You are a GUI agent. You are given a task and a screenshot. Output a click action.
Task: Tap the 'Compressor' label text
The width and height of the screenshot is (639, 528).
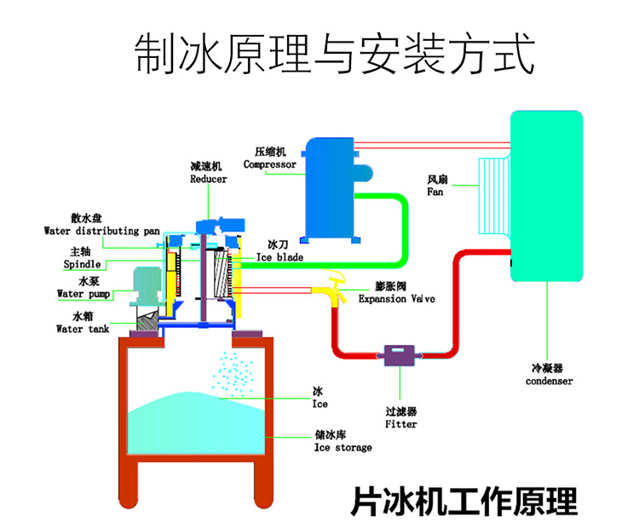tap(269, 164)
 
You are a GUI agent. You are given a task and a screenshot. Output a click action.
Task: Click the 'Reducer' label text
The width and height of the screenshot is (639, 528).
tap(208, 180)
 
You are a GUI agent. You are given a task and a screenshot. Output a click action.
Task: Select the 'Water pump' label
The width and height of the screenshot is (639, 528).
tap(82, 295)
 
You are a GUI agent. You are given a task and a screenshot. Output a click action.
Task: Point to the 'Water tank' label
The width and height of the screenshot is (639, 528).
tap(82, 329)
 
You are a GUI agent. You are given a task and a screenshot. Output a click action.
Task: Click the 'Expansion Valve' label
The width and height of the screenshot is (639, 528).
tap(396, 300)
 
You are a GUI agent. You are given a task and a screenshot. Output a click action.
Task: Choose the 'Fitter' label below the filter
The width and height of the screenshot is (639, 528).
tap(400, 423)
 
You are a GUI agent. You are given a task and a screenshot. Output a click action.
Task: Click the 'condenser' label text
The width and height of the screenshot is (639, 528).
tap(549, 382)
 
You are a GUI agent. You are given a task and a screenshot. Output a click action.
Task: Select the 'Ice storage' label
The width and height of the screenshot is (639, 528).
tap(343, 447)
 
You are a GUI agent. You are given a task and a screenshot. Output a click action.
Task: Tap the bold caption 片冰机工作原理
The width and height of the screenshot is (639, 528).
tap(463, 501)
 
